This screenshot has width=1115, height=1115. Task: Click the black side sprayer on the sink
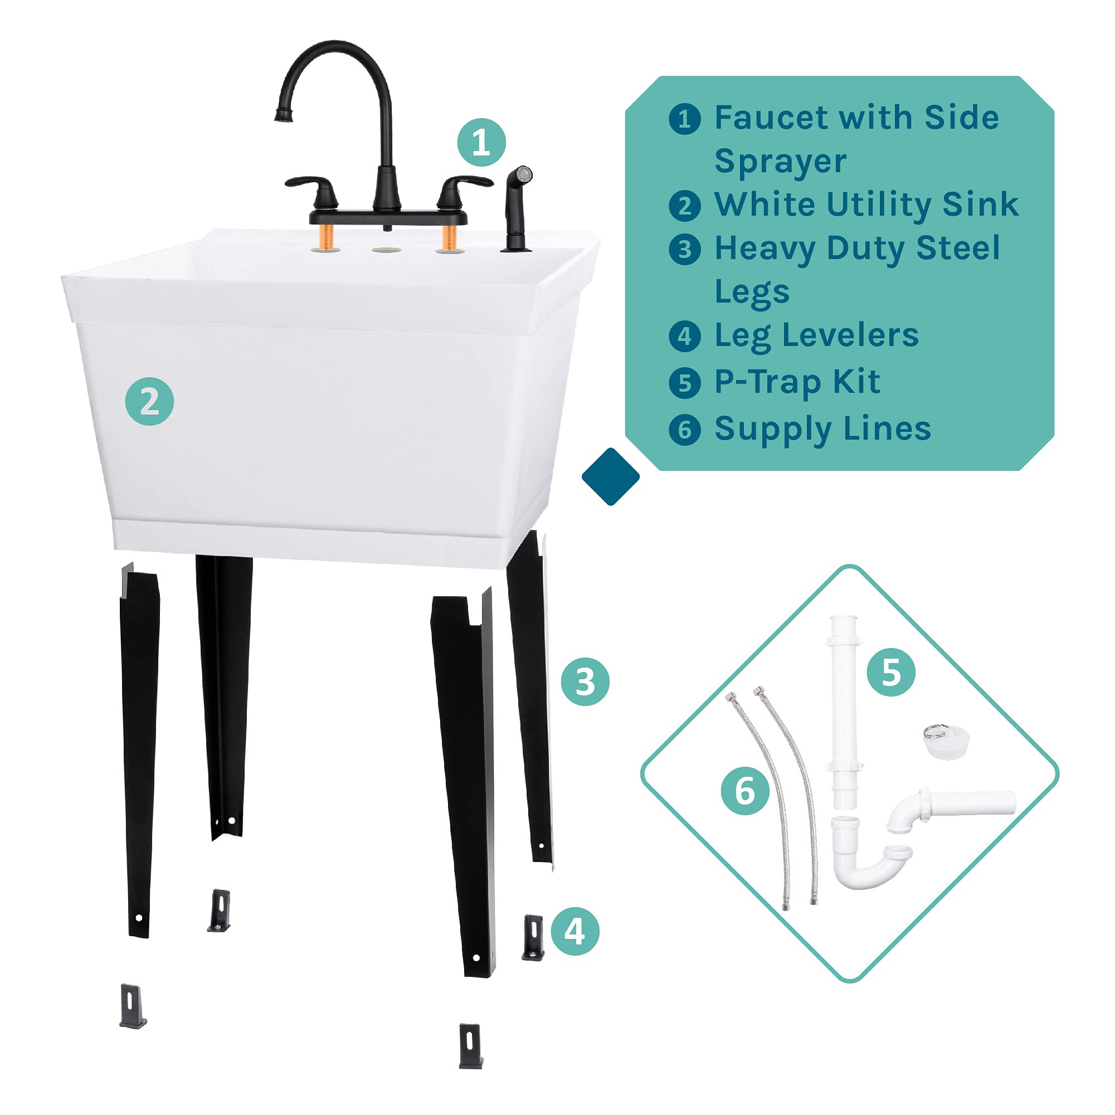click(x=517, y=208)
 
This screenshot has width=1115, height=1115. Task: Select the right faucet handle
click(x=462, y=188)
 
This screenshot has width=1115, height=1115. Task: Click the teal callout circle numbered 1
click(x=481, y=143)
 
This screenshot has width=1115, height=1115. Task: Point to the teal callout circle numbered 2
click(x=149, y=402)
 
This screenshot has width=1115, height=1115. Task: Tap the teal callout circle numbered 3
click(x=585, y=681)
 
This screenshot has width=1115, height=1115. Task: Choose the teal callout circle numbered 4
click(x=575, y=931)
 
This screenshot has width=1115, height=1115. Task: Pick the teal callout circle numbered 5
click(x=891, y=672)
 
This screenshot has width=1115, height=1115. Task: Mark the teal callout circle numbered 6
click(x=745, y=791)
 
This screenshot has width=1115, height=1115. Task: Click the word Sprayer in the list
click(x=780, y=162)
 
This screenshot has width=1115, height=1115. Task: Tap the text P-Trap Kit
click(x=797, y=382)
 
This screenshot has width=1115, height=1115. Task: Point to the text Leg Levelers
click(x=816, y=336)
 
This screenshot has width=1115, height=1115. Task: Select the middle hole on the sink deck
click(x=387, y=250)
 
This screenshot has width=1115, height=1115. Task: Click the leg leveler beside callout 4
click(x=533, y=937)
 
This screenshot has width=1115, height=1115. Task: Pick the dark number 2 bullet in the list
click(x=684, y=206)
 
